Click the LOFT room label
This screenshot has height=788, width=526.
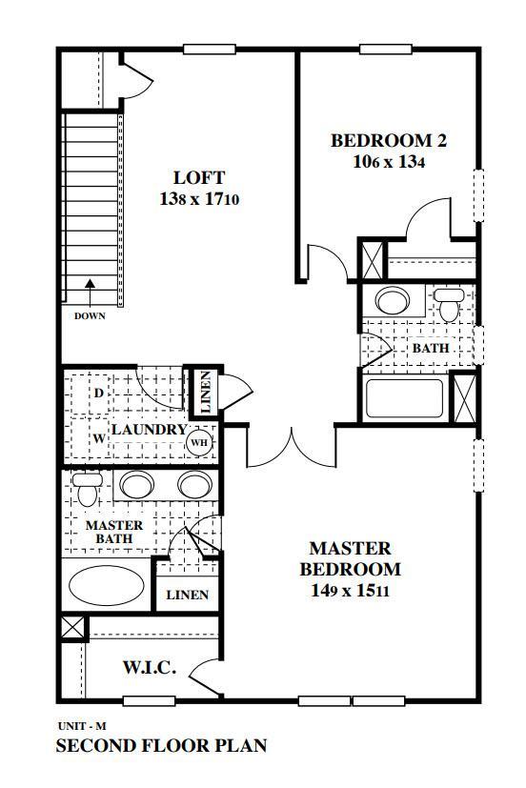(x=199, y=177)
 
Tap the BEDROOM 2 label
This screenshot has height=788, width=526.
(x=388, y=141)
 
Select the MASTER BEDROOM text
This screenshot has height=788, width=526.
(x=350, y=559)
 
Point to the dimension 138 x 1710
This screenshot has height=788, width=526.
(x=199, y=200)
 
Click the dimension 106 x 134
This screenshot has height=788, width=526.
(x=388, y=162)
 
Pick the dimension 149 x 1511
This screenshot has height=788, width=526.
(x=350, y=591)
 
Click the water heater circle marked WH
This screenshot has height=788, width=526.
(x=199, y=442)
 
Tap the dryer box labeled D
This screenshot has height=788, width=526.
(x=98, y=392)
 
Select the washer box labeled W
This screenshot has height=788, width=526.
(x=98, y=439)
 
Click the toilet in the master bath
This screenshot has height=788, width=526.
(x=88, y=490)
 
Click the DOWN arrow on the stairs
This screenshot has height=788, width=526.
(x=90, y=286)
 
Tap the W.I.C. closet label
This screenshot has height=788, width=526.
(x=150, y=668)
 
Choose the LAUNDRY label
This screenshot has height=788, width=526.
(x=149, y=430)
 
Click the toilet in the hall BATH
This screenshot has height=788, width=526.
(x=448, y=303)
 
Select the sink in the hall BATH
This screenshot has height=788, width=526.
(x=392, y=302)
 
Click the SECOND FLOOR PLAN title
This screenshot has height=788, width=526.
(x=161, y=746)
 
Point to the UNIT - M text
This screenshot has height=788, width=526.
(x=80, y=726)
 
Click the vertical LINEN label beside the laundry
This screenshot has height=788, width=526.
(x=206, y=392)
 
